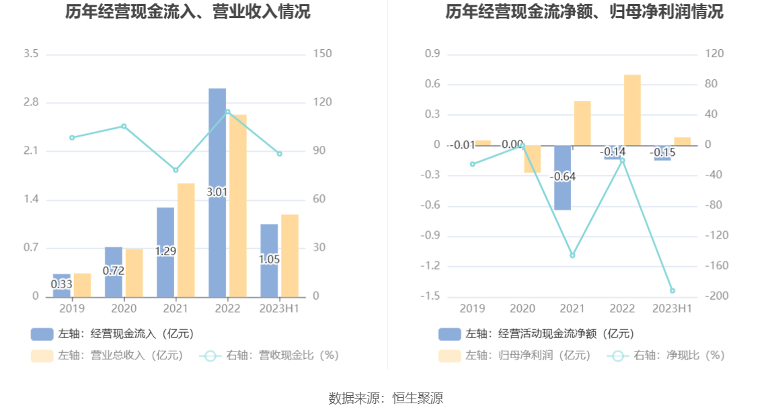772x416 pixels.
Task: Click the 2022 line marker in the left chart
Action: [227, 112]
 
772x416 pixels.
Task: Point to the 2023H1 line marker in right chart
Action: [672, 291]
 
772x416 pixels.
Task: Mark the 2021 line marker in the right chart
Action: [572, 255]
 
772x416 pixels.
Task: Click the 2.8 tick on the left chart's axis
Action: [31, 102]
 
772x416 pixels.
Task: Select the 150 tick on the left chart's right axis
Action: [323, 54]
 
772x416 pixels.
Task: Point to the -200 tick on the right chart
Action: [713, 296]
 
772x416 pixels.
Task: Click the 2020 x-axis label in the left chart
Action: [124, 308]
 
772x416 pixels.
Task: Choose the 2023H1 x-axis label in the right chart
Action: [672, 308]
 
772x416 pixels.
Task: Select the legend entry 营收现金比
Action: [268, 356]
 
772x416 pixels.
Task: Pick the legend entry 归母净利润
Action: [514, 356]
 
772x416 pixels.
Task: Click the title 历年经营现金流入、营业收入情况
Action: [188, 11]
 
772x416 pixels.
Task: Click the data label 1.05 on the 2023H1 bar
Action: [269, 259]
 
